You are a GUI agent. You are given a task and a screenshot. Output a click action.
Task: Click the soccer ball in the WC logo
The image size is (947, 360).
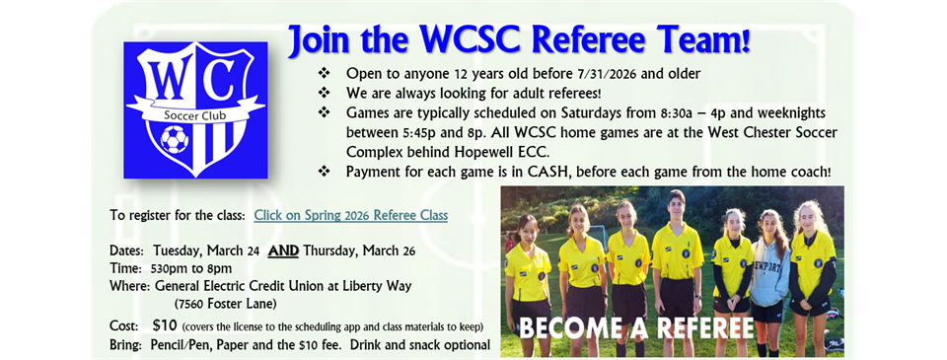(174, 143)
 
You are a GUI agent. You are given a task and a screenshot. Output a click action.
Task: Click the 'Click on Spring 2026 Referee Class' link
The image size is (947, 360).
(350, 215)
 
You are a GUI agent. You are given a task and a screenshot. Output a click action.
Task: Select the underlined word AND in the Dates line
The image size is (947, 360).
(284, 251)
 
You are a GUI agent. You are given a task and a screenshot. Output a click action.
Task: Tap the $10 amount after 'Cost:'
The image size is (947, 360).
(165, 325)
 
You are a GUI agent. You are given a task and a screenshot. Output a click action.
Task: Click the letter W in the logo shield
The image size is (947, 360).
(165, 79)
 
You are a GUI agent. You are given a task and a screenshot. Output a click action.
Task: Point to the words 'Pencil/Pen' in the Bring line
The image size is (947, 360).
(187, 345)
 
